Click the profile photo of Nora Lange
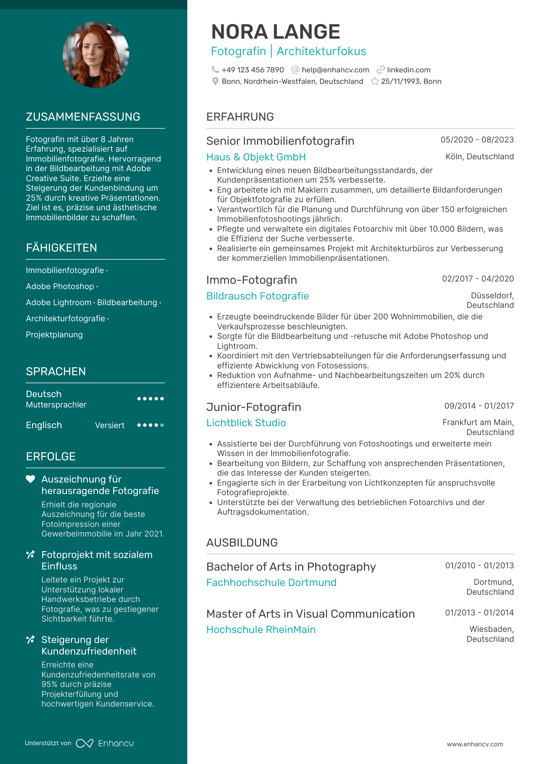coord(96,54)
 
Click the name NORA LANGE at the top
coord(275,32)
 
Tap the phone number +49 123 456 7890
coord(252,70)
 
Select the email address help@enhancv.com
coord(335,70)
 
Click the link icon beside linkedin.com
coord(380,70)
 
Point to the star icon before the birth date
coord(375,81)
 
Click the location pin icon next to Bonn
coord(215,81)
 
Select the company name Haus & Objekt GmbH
coord(256,157)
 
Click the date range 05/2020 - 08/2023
coord(477,140)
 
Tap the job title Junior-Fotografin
coord(254,407)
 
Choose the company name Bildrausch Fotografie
coord(257,296)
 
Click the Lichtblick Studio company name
coord(246,423)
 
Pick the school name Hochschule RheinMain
coord(261,630)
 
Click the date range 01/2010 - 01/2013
coord(479,566)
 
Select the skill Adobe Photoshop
coord(60,286)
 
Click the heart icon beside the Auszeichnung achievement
coord(30,479)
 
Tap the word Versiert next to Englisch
coord(110,425)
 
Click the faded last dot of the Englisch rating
coord(162,425)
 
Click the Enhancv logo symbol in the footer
coord(85,743)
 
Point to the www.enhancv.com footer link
coord(475,744)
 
